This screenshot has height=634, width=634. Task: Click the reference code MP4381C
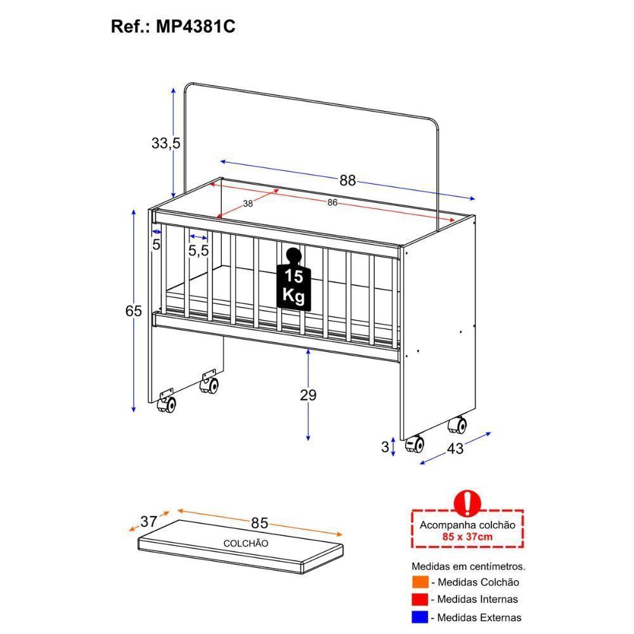pos(191,28)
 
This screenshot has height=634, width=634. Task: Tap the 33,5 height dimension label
pos(165,144)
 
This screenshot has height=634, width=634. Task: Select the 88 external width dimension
pos(347,180)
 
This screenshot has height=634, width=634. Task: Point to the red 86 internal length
pos(332,203)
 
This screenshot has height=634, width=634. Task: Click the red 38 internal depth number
pos(248,204)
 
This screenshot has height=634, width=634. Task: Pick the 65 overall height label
pos(133,311)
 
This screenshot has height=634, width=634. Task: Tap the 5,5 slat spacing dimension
pos(198,251)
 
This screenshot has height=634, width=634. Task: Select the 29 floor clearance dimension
pos(308,395)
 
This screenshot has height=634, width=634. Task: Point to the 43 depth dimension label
pos(455,448)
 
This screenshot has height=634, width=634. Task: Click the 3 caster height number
pos(385,447)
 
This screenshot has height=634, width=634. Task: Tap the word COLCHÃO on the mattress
pos(245,543)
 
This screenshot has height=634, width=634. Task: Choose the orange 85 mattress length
pos(259,523)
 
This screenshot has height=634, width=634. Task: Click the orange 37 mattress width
pos(149,521)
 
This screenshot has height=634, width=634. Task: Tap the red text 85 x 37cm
pos(467,537)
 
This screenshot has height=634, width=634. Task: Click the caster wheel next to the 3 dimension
pos(415,444)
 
